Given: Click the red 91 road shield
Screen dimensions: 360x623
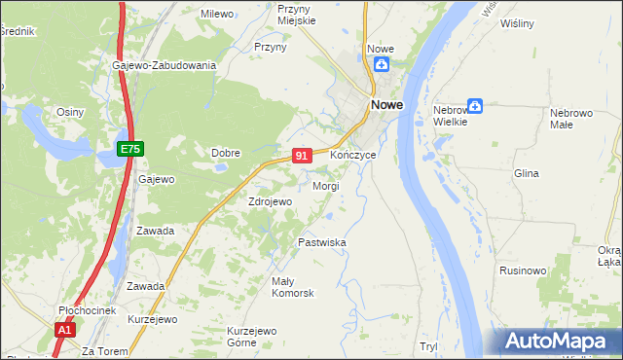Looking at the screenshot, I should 302,156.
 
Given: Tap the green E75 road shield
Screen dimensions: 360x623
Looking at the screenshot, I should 130,148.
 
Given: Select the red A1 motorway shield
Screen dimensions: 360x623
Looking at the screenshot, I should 64,331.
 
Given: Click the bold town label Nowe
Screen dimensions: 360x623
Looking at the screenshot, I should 385,106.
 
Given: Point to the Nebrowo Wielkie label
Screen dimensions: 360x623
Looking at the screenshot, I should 451,116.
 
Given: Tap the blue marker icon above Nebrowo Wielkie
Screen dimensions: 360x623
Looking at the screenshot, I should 475,105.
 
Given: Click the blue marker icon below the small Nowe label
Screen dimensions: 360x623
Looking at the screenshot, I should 382,66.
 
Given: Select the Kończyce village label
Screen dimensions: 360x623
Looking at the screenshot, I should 352,156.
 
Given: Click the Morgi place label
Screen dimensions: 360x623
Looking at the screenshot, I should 325,186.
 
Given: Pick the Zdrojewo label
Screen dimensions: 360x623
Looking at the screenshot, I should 271,201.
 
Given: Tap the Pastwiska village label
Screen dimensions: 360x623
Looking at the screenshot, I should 322,242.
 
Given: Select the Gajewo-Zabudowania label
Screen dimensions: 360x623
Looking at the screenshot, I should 164,65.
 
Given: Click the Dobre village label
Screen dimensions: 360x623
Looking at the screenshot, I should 226,152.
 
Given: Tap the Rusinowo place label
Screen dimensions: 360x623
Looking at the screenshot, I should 522,270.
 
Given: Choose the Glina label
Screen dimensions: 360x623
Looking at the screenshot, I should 526,173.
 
